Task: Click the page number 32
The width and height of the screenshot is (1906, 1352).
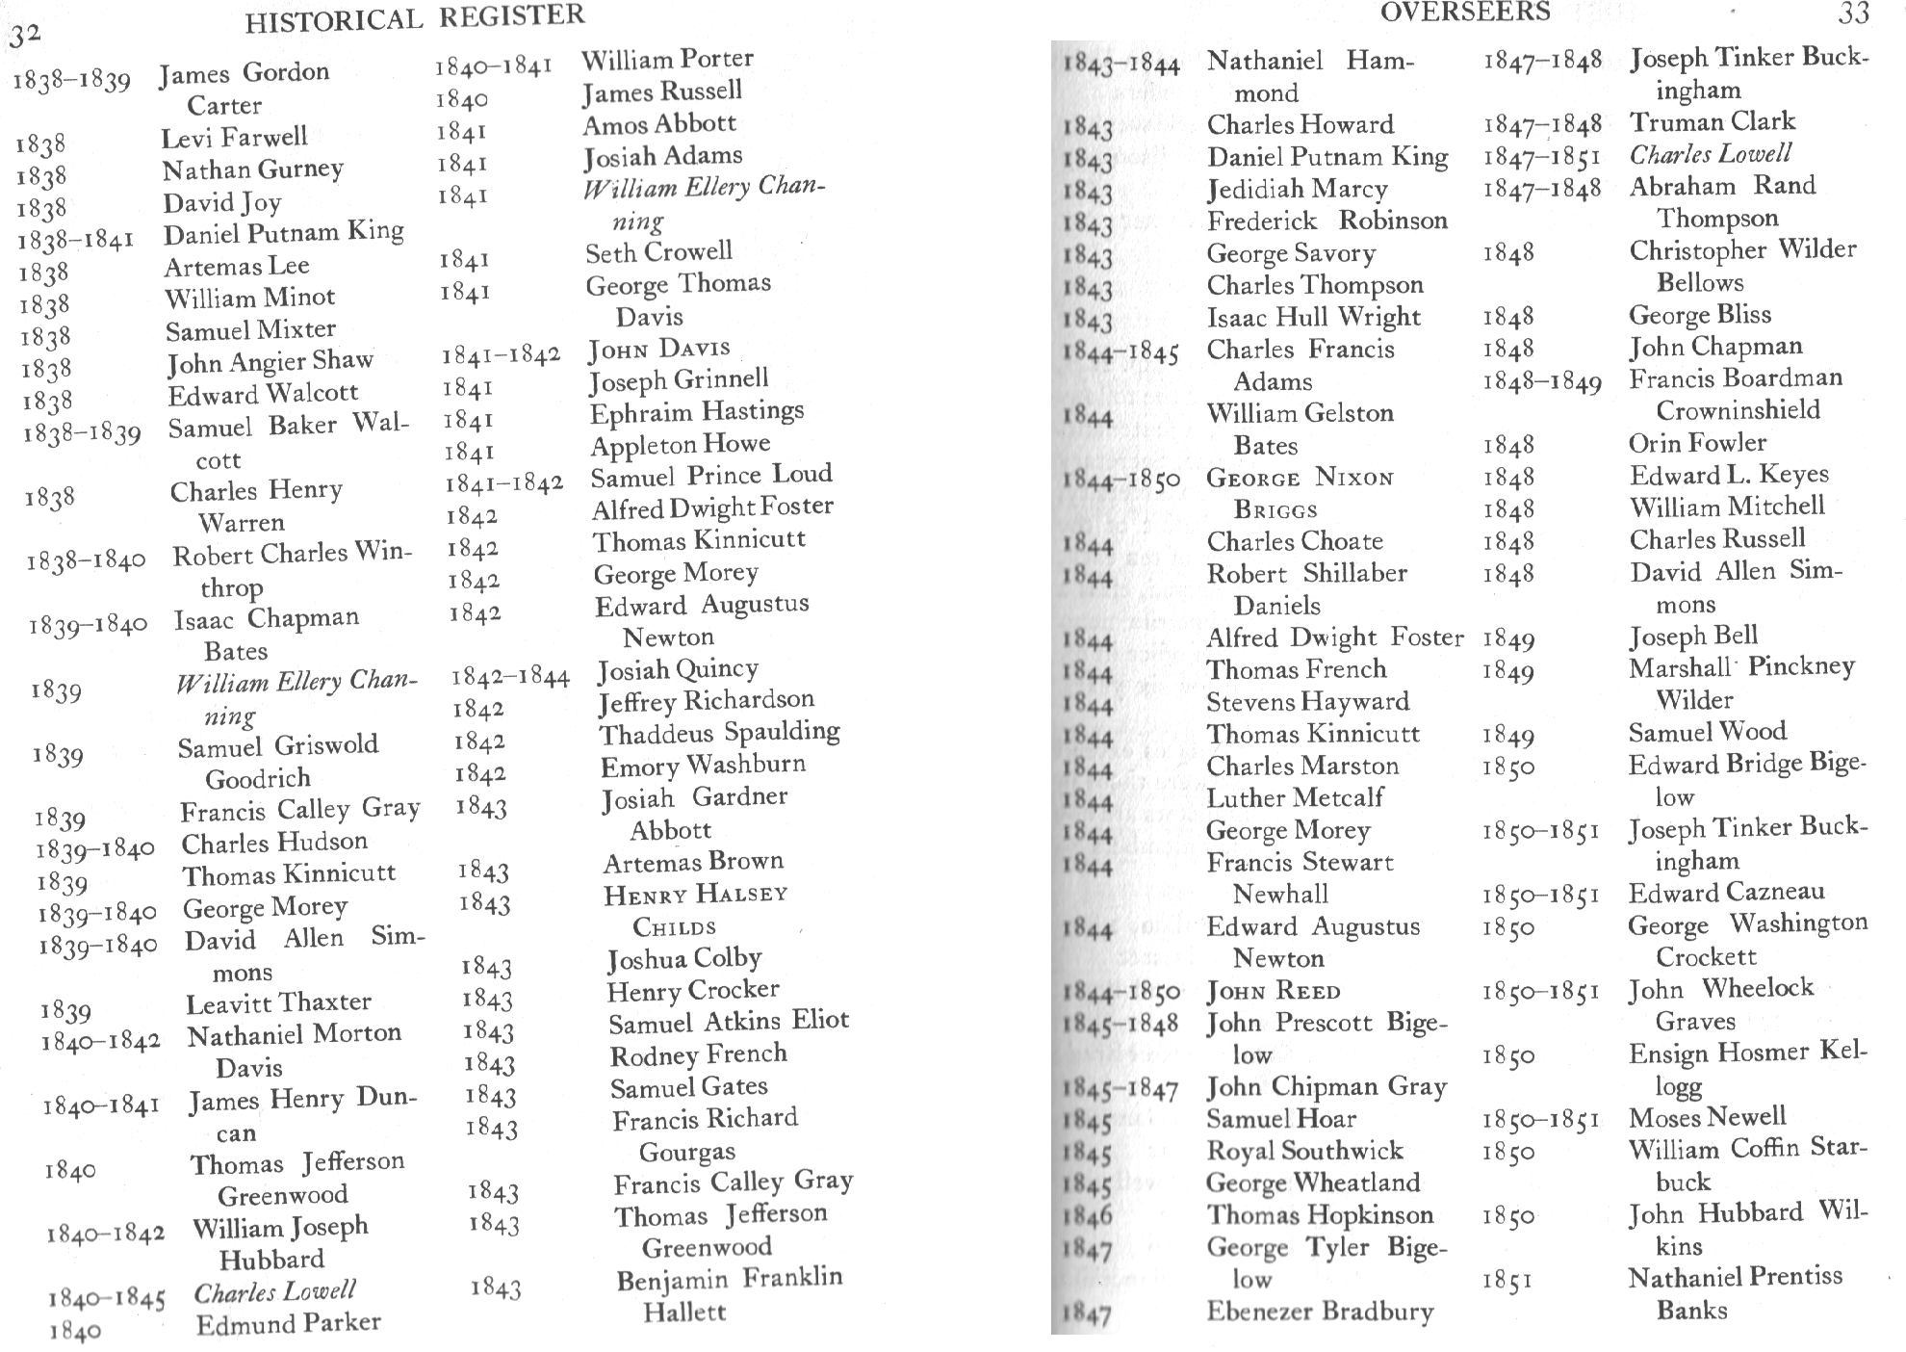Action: click(26, 36)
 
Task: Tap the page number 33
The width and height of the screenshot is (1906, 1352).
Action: click(1853, 13)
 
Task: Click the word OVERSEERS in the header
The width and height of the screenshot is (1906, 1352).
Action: click(1465, 12)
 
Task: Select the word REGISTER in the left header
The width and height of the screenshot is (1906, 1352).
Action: click(511, 16)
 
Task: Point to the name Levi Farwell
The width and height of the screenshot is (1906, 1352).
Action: click(234, 138)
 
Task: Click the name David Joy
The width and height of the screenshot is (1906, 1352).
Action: click(221, 202)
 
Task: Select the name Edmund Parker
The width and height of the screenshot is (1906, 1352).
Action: click(288, 1324)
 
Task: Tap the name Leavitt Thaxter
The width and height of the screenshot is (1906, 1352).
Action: click(278, 1002)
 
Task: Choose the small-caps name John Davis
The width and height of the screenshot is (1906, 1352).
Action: click(659, 349)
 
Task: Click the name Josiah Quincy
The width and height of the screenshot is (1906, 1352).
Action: click(678, 669)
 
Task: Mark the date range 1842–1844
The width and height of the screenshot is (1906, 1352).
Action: click(510, 677)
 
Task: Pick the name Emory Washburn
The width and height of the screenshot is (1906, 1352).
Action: click(703, 767)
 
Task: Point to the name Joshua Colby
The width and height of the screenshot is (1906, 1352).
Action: click(683, 959)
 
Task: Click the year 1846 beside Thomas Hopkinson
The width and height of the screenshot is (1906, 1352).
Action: click(1088, 1216)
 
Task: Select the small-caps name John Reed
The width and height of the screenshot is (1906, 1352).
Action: click(1274, 991)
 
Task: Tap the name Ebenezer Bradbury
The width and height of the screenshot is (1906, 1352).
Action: click(1320, 1312)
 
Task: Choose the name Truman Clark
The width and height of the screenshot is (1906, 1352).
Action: click(1712, 121)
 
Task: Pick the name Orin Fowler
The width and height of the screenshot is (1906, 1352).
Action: click(1697, 443)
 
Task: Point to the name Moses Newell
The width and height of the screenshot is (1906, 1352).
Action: click(1707, 1117)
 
